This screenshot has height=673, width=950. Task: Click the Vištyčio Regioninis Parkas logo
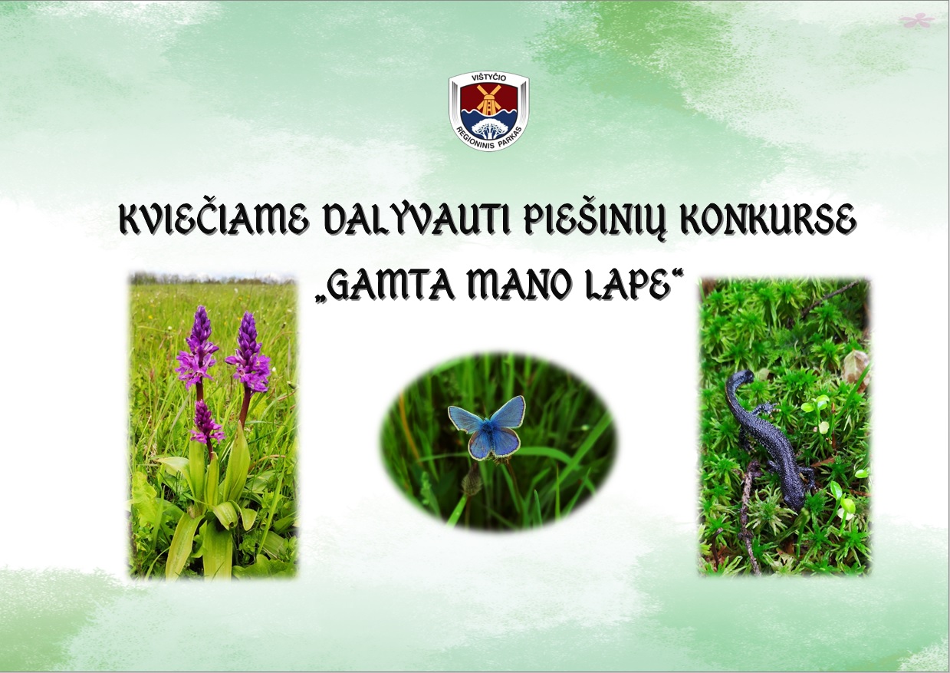click(x=489, y=111)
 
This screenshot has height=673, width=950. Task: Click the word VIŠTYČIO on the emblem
click(x=488, y=78)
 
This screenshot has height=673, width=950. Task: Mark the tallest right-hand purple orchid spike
click(x=249, y=353)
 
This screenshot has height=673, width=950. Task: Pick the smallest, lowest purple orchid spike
click(x=206, y=422)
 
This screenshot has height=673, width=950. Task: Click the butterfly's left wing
click(x=466, y=419)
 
